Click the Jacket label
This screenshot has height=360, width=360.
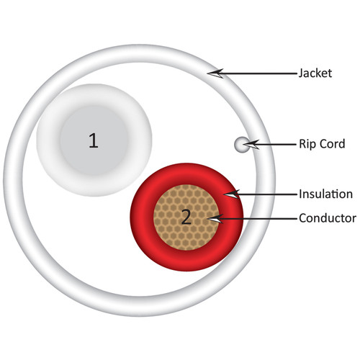315,73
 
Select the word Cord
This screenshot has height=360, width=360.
333,144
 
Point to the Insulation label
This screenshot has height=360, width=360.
325,194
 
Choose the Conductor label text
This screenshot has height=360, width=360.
328,218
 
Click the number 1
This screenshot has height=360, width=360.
94,140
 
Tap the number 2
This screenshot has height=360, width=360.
186,217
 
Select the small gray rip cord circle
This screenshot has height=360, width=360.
242,145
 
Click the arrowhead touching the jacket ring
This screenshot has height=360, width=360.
215,73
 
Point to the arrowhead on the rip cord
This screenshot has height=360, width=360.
251,145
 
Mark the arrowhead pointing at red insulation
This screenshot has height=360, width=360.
232,194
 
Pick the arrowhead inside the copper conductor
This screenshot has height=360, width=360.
215,219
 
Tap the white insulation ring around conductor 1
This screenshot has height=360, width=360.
48,140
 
